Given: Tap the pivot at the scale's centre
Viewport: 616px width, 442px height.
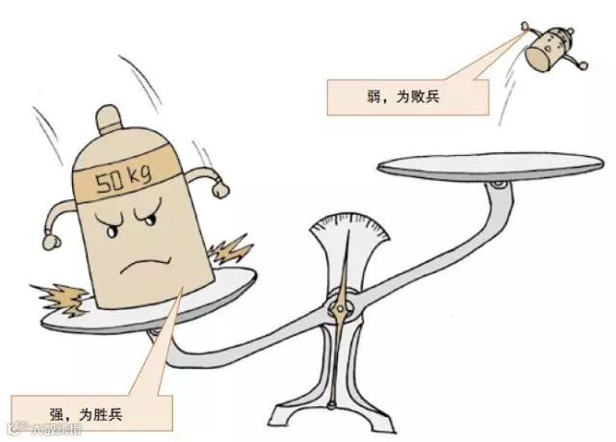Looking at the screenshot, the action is (x=338, y=308).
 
